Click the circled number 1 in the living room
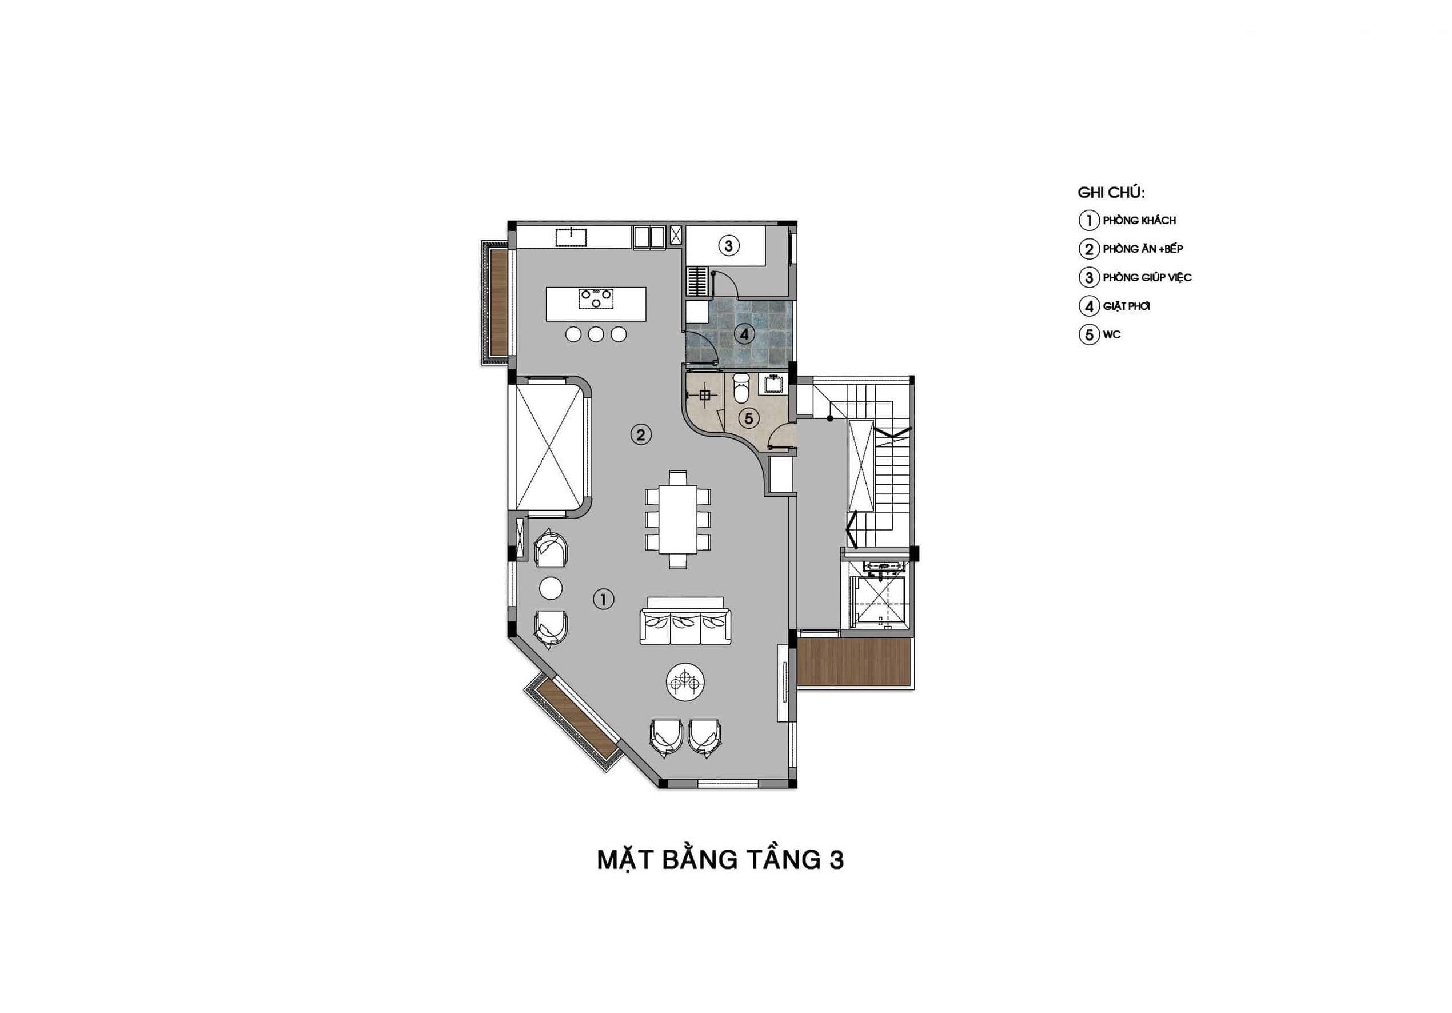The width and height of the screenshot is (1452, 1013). tap(603, 599)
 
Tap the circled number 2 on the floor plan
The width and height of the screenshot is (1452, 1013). tap(641, 434)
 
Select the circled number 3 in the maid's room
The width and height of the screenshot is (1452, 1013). tap(728, 245)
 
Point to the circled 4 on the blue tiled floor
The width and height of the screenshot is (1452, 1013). tap(744, 334)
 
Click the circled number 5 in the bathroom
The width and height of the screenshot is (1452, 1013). tap(749, 418)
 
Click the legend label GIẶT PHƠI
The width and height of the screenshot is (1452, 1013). tap(1126, 306)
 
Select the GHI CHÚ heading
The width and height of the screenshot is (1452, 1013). tap(1111, 192)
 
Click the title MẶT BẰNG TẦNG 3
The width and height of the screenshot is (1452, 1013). tap(720, 860)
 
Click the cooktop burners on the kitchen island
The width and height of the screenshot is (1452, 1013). tap(153, 298)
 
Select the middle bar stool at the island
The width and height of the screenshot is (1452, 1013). tap(596, 334)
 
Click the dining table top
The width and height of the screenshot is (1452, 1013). tap(678, 519)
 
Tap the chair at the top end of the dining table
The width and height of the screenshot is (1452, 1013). tap(678, 477)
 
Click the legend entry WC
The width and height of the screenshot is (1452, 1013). tap(1111, 334)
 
